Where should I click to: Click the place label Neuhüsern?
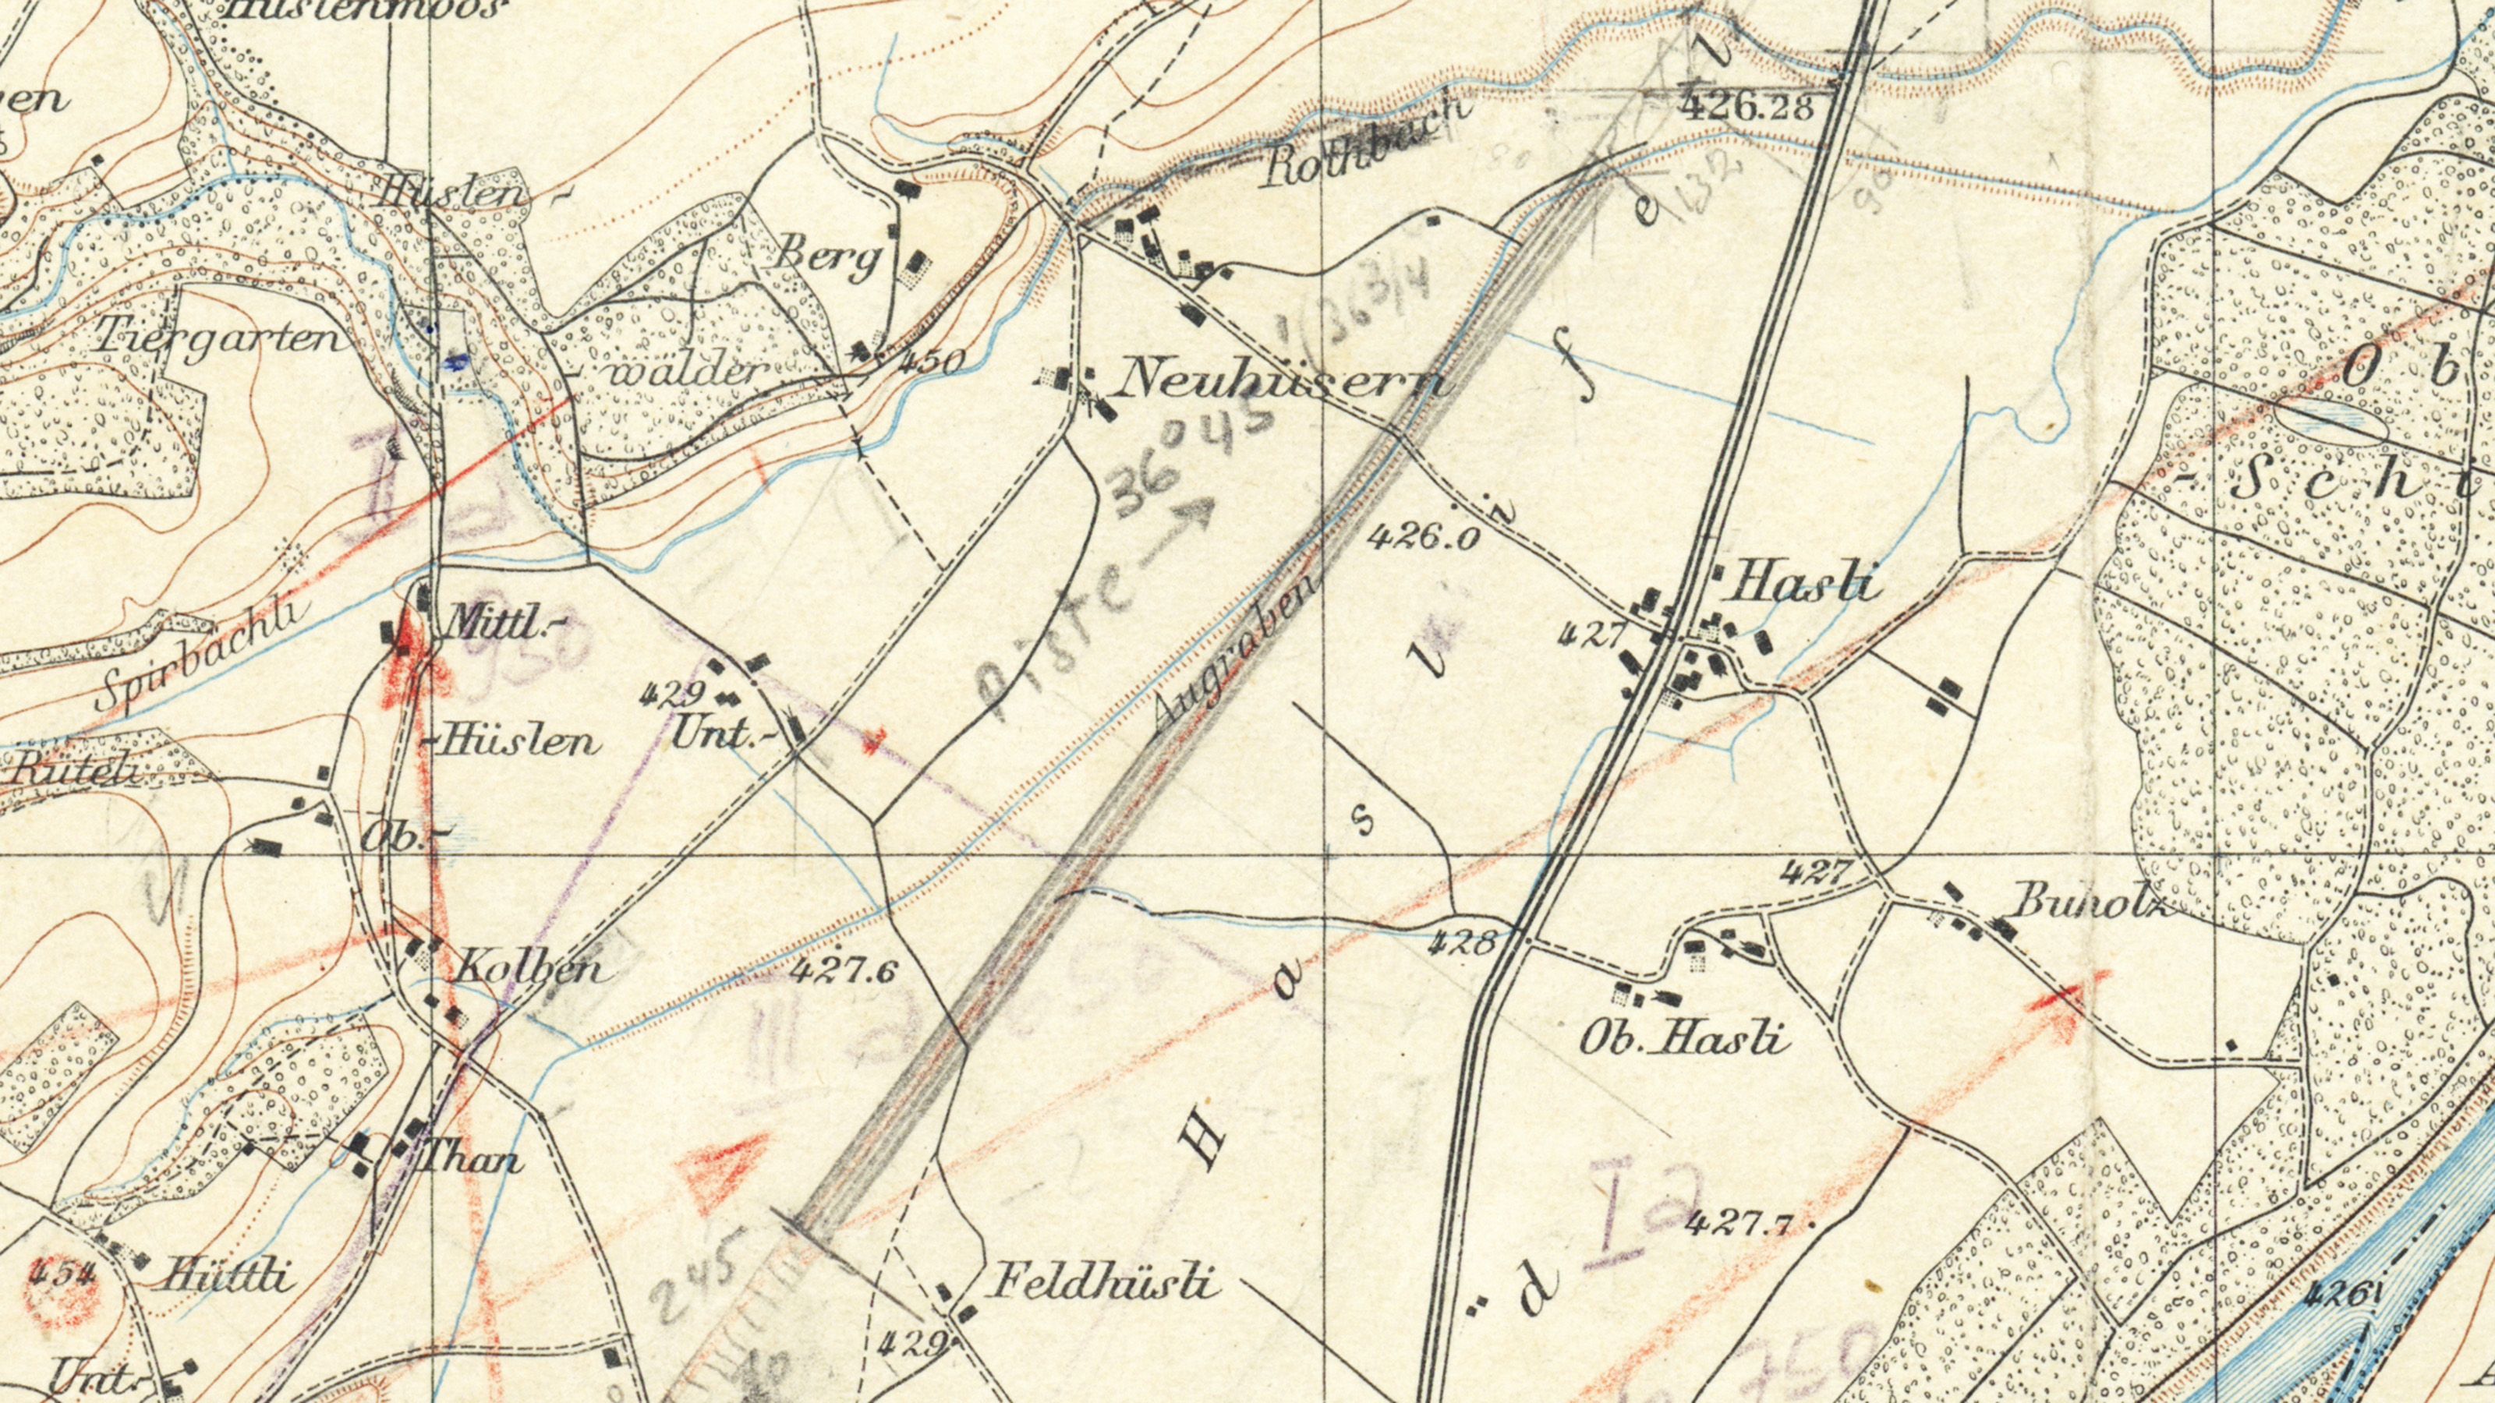click(1283, 377)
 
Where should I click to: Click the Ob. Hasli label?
click(1685, 1041)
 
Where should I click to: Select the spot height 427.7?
click(1739, 1224)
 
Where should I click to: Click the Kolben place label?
click(528, 968)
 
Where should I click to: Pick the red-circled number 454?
click(61, 1275)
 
